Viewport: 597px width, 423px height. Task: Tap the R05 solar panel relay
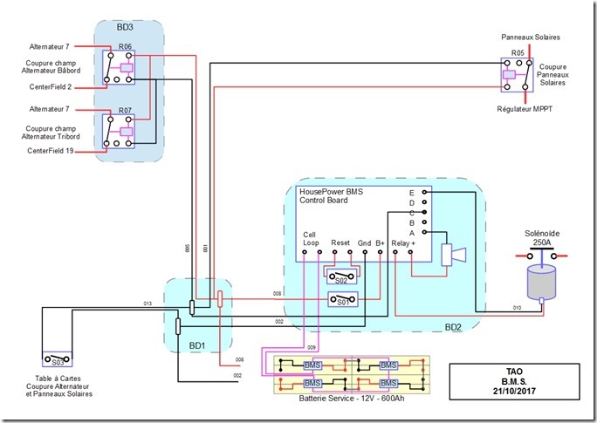pyautogui.click(x=517, y=74)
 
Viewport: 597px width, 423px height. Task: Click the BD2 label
pyautogui.click(x=453, y=328)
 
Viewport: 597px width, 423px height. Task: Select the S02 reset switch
pyautogui.click(x=340, y=278)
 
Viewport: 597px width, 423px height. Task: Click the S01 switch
pyautogui.click(x=340, y=301)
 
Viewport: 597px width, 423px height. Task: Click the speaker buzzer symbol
pyautogui.click(x=452, y=255)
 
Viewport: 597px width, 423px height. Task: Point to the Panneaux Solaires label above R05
pyautogui.click(x=530, y=38)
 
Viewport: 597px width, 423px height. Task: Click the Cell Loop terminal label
pyautogui.click(x=311, y=239)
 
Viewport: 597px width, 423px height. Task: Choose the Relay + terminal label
pyautogui.click(x=403, y=243)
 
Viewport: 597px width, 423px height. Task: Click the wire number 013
pyautogui.click(x=148, y=304)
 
